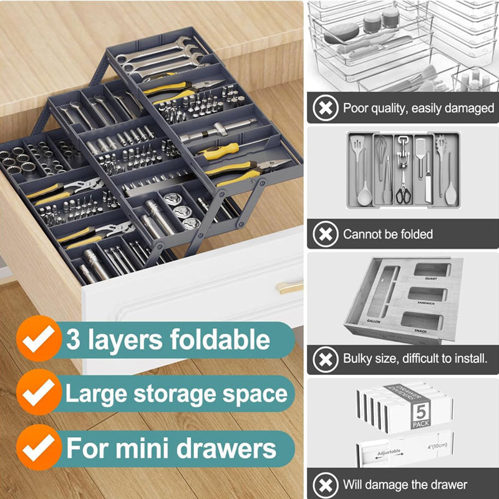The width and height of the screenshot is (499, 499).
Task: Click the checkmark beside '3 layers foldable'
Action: (39, 340)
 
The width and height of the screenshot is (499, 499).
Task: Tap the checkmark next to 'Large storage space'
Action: (39, 393)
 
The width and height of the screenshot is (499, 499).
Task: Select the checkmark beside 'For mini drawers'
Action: (39, 447)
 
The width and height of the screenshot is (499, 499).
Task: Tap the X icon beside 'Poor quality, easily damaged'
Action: (324, 109)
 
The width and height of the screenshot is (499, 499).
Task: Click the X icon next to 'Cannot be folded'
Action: (324, 235)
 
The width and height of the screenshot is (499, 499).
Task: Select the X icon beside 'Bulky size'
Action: (324, 359)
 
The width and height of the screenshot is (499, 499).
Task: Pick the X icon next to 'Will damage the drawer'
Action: (324, 485)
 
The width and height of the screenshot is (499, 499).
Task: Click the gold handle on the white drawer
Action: (289, 287)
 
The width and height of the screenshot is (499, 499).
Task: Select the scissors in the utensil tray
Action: (404, 191)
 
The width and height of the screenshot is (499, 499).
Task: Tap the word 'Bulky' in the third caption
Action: (357, 359)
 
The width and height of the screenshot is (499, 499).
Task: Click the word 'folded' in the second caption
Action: (417, 235)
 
